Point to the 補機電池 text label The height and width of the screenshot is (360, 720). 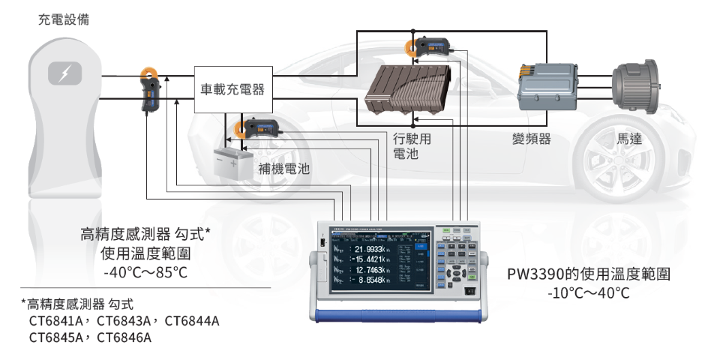(x=284, y=169)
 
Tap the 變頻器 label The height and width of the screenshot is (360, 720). (x=531, y=139)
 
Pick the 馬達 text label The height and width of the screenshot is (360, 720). (x=629, y=139)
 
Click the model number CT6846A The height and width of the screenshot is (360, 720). (x=121, y=337)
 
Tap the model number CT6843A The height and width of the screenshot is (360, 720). (x=123, y=321)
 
